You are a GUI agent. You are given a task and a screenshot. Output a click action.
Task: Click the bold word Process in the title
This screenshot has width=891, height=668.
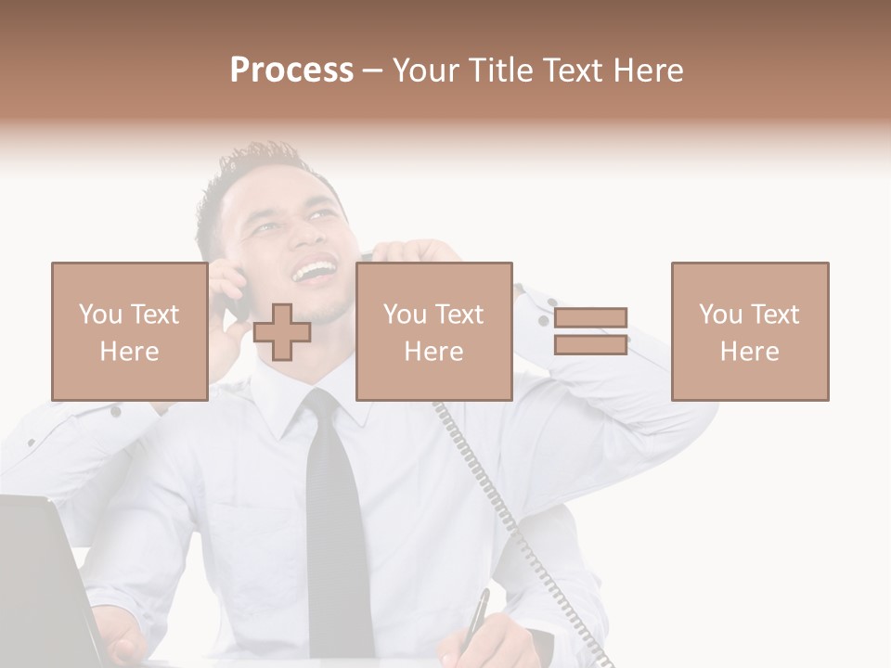291,71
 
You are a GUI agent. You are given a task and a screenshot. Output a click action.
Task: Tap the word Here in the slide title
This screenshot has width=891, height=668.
647,71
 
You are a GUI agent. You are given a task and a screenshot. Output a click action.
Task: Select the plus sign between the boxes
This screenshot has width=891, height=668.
282,332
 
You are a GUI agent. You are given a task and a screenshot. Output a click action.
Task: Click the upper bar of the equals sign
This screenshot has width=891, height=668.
590,317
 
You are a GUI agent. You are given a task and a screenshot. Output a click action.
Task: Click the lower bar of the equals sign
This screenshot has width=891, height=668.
590,344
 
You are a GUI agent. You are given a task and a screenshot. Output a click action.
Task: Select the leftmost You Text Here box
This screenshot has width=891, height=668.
129,331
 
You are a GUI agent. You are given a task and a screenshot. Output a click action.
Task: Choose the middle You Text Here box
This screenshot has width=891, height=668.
433,331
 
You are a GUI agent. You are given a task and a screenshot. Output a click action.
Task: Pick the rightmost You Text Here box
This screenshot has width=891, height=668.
749,331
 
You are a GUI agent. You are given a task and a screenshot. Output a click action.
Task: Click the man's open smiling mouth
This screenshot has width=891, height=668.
316,271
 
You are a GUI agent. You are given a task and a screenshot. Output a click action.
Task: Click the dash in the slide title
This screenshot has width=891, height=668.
372,71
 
